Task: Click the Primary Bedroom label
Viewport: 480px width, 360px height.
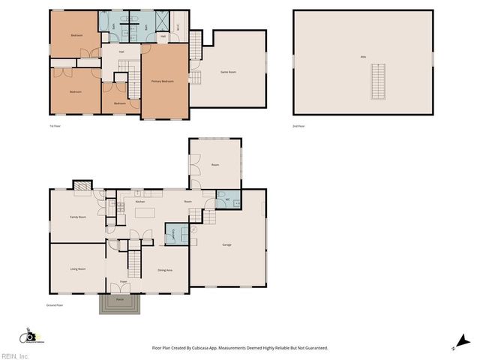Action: click(163, 80)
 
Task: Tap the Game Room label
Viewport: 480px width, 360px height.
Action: click(227, 72)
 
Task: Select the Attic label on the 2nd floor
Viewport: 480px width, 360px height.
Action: click(363, 57)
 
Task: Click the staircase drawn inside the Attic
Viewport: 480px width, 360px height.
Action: click(379, 82)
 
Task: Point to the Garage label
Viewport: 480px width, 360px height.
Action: click(226, 245)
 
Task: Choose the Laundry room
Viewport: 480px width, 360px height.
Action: click(170, 233)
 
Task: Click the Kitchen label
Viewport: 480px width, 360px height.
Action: click(139, 202)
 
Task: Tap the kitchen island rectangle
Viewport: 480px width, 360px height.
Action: click(145, 213)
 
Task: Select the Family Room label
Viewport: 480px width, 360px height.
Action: click(78, 217)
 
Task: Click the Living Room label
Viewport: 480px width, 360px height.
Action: click(77, 268)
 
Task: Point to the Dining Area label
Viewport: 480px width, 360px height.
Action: click(166, 269)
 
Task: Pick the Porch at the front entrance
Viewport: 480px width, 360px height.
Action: click(120, 303)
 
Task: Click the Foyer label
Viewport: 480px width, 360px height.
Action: click(123, 282)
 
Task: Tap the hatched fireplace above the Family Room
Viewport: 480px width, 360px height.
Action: click(81, 185)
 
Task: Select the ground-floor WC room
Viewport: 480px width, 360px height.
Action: click(226, 199)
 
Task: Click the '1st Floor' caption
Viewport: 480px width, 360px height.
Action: click(55, 126)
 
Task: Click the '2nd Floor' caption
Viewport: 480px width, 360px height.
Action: click(298, 126)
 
